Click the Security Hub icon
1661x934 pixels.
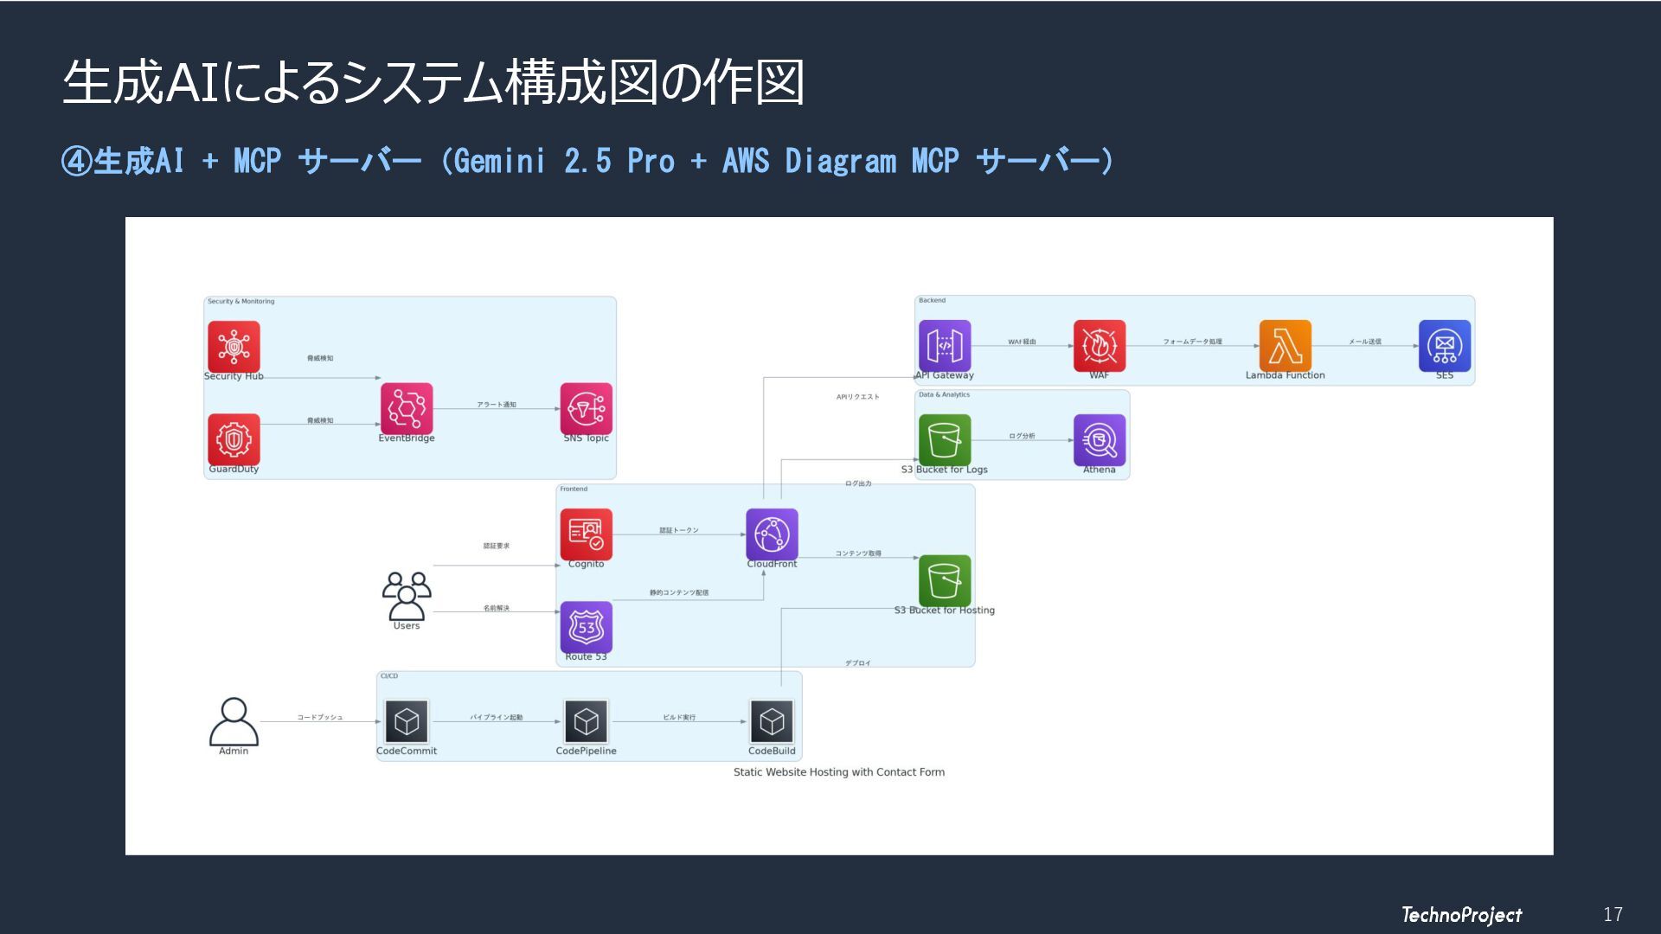[x=234, y=347]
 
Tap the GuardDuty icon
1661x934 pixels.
[x=234, y=439]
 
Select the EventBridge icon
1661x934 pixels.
[x=407, y=409]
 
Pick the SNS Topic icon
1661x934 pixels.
[x=587, y=409]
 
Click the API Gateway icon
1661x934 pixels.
[x=945, y=346]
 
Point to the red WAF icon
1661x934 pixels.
[x=1100, y=346]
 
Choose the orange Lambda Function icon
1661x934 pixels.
[x=1286, y=346]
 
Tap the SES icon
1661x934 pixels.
[x=1445, y=346]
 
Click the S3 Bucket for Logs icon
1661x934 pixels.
[x=945, y=440]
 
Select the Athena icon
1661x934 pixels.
[x=1100, y=440]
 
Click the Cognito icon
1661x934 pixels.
[x=587, y=534]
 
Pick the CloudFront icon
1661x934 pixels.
[x=772, y=534]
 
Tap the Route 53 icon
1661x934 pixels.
[x=587, y=627]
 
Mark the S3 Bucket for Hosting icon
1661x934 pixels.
[x=945, y=580]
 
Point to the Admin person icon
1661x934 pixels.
[x=234, y=721]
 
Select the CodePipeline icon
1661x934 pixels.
[x=587, y=721]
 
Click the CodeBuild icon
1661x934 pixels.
[x=772, y=721]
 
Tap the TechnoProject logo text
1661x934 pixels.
[x=1461, y=914]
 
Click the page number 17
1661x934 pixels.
[x=1613, y=914]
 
